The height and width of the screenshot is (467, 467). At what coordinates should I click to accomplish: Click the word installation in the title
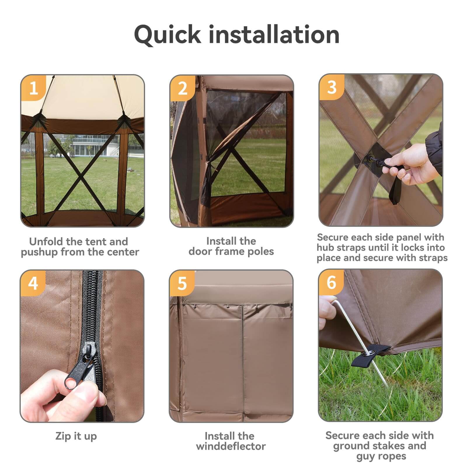point(274,34)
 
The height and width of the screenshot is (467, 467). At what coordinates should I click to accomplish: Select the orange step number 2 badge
point(183,88)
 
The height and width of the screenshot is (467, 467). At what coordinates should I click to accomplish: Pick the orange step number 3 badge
point(332,87)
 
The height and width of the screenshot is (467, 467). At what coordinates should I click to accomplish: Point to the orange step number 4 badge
point(33,283)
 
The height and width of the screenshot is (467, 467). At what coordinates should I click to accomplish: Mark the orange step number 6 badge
point(331,282)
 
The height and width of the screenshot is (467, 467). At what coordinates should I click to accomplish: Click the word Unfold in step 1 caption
point(46,241)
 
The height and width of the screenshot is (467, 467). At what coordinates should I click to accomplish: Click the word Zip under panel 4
point(63,436)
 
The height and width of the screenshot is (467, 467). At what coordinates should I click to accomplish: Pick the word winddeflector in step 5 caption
point(231,446)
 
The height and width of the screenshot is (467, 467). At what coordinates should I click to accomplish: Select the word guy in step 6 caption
point(365,456)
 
